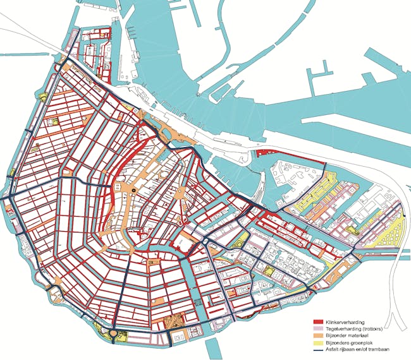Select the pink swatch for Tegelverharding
pos(319,329)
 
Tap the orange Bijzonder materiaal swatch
pos(319,335)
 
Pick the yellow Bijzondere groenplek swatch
pos(319,342)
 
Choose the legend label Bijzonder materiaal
pos(350,335)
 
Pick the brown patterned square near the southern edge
pos(172,323)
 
